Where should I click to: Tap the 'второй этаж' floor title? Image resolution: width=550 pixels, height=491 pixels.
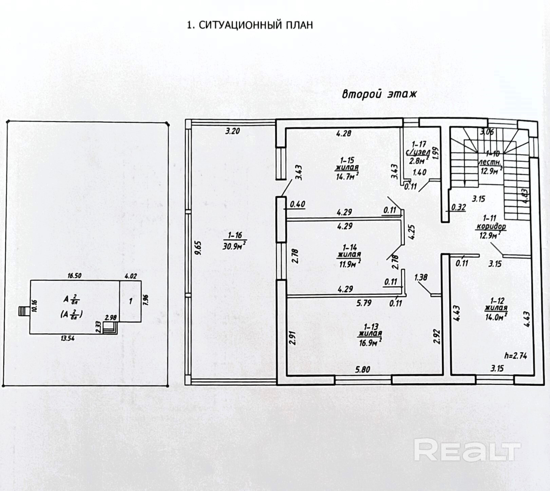click(379, 94)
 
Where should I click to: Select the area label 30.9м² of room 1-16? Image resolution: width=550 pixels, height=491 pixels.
click(234, 246)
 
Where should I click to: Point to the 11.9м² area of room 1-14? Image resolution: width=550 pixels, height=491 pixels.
click(350, 263)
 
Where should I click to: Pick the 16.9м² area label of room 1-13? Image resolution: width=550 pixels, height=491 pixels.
click(370, 343)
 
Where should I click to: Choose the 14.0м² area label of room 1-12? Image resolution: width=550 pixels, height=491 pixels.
click(496, 317)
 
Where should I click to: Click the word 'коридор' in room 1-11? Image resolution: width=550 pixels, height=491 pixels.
click(491, 226)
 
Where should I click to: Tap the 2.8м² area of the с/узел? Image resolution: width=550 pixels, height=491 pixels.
click(417, 161)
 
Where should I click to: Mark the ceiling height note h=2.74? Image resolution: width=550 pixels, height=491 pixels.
click(515, 356)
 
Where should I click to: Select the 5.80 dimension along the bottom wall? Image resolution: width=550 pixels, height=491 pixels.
click(362, 369)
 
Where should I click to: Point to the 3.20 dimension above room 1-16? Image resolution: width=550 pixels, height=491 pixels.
click(233, 131)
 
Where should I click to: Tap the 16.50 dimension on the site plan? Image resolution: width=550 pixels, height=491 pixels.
click(74, 276)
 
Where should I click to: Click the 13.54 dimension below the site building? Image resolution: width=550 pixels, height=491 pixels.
click(68, 338)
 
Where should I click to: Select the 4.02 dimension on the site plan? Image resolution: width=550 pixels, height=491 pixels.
click(131, 276)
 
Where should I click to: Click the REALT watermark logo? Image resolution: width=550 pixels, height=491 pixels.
click(467, 450)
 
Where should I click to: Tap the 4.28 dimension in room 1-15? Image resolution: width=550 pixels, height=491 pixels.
click(343, 133)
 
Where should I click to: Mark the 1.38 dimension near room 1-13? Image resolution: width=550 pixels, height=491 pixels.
click(421, 278)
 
